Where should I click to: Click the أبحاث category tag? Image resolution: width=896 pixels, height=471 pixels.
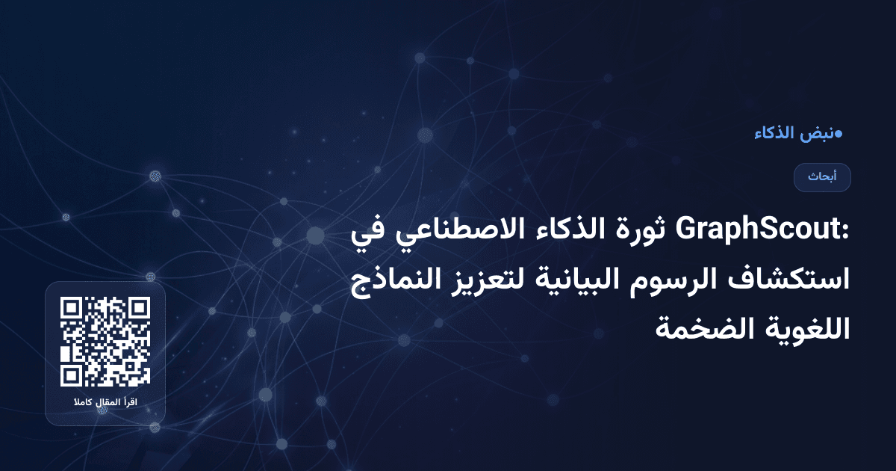[x=822, y=177]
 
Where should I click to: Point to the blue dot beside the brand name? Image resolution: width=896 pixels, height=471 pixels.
[x=839, y=134]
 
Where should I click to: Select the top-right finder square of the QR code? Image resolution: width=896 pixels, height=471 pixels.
[x=139, y=308]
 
